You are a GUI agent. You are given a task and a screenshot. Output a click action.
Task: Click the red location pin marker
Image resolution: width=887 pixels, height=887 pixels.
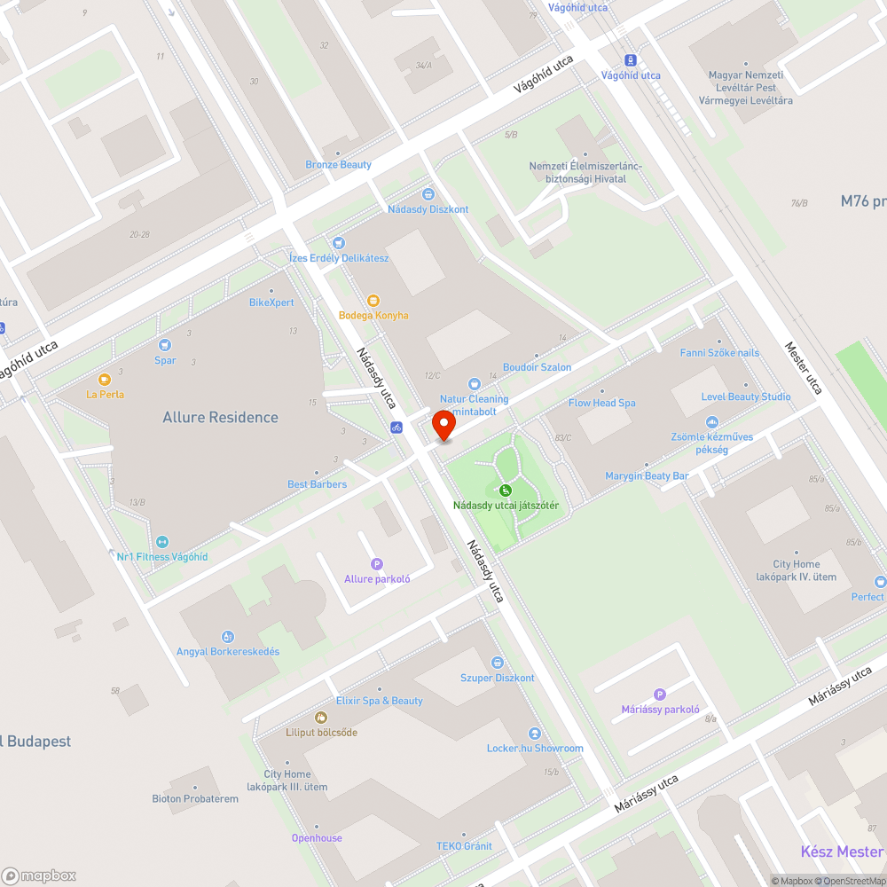(x=443, y=428)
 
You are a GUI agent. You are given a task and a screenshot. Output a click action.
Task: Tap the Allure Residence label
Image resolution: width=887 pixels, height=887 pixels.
(x=220, y=417)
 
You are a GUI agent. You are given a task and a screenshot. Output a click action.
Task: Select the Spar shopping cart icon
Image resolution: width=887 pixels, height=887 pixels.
(x=164, y=345)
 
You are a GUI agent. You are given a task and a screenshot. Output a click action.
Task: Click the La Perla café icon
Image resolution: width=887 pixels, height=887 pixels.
(x=105, y=380)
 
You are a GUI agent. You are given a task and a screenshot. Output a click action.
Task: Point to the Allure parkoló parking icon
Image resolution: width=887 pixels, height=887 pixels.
(x=376, y=564)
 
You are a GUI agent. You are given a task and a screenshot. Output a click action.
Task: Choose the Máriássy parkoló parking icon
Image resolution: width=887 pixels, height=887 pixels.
(x=659, y=695)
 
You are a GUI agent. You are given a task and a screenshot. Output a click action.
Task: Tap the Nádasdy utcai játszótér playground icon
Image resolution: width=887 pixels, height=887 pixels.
(x=505, y=491)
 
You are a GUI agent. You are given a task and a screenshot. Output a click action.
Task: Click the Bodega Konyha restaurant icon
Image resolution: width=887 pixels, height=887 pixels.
(x=373, y=301)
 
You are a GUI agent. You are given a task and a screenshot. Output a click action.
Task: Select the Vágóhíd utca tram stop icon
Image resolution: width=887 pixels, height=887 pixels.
(x=631, y=60)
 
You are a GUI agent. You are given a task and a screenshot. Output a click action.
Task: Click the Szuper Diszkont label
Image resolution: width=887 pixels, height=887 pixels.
(x=497, y=678)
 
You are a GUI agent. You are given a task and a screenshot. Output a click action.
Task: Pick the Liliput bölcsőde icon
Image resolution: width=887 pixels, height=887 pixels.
(x=321, y=718)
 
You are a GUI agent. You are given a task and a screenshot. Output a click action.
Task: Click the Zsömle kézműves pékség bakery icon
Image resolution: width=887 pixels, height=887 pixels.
(x=711, y=423)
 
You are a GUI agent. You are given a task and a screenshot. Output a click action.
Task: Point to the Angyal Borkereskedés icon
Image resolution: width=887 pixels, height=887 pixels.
(x=228, y=636)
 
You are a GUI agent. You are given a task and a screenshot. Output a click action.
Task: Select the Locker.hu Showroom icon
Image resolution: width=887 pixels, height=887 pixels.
(x=535, y=734)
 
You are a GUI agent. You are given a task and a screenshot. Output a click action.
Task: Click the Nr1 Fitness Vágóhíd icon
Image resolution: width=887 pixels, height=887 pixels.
(x=162, y=542)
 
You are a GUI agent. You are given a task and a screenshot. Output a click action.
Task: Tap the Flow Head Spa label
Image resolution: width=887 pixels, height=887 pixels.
(x=601, y=403)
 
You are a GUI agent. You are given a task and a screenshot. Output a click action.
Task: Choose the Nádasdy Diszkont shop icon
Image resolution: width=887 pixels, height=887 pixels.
(x=428, y=194)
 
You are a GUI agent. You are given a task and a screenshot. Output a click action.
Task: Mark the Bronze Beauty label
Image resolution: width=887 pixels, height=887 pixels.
(x=338, y=165)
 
